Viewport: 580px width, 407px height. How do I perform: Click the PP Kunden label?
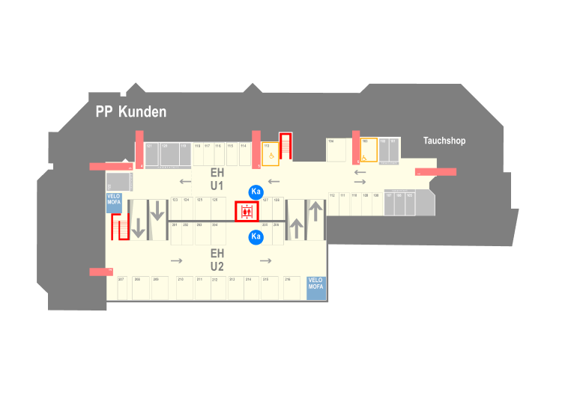click(131, 112)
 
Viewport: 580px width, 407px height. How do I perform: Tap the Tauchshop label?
click(444, 141)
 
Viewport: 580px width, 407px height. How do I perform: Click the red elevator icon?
click(247, 212)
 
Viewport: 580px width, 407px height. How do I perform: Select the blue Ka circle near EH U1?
click(256, 192)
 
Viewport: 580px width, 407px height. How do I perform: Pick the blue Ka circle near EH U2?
click(256, 236)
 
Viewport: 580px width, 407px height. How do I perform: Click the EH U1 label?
click(217, 179)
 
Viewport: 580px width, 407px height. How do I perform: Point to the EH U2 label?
click(217, 260)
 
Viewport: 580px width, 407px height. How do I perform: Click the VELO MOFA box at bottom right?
click(316, 288)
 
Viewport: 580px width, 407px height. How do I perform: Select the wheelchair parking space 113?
click(271, 153)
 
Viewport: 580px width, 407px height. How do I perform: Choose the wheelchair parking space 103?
click(368, 150)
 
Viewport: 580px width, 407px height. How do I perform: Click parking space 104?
click(335, 150)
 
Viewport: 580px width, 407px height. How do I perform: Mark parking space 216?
click(291, 288)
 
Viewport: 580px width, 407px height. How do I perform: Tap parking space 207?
click(123, 288)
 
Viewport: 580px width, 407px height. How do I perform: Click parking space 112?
click(333, 204)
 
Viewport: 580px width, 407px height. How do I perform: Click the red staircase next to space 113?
click(286, 147)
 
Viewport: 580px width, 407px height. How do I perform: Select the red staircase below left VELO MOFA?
click(119, 226)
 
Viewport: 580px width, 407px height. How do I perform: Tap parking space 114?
click(244, 153)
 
